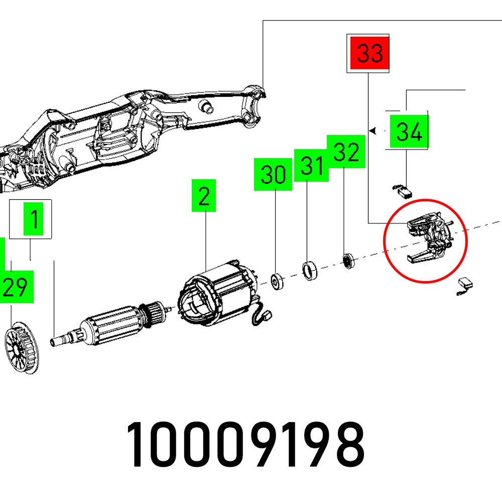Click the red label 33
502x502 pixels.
tap(370, 53)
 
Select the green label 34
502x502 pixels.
tap(409, 132)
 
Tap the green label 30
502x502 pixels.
tap(273, 174)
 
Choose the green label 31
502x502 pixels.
tap(311, 165)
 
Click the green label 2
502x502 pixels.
tap(203, 196)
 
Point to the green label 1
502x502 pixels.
tap(34, 219)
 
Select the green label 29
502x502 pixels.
tap(15, 287)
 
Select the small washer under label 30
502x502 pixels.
tap(276, 282)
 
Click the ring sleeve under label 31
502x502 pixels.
tap(310, 271)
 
